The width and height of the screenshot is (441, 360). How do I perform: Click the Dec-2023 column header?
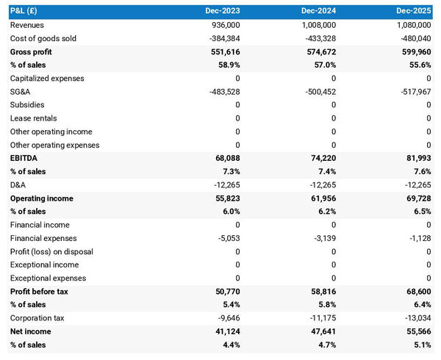(223, 12)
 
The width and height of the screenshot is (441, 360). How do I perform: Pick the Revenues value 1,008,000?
(317, 25)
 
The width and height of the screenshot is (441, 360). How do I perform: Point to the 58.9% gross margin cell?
(227, 65)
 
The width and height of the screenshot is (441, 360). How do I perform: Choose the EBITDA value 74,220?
(322, 159)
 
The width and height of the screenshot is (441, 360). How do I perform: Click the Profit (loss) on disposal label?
(51, 252)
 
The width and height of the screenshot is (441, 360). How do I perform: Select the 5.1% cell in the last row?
(421, 345)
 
